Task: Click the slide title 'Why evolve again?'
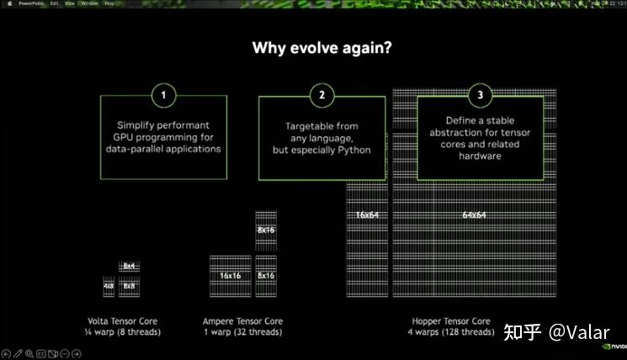[321, 48]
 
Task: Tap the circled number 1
[162, 95]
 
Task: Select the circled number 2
[321, 95]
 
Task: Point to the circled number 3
[481, 95]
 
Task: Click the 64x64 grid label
[474, 215]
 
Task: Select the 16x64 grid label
[366, 215]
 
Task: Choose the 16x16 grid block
[231, 276]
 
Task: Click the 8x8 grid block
[129, 286]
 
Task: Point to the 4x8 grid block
[109, 286]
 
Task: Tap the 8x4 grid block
[129, 266]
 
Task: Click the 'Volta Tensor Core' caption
[122, 321]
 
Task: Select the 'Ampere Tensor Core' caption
[243, 321]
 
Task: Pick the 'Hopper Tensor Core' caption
[451, 321]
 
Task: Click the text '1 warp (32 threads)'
[243, 332]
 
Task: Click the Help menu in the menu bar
[109, 3]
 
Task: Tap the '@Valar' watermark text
[580, 331]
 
